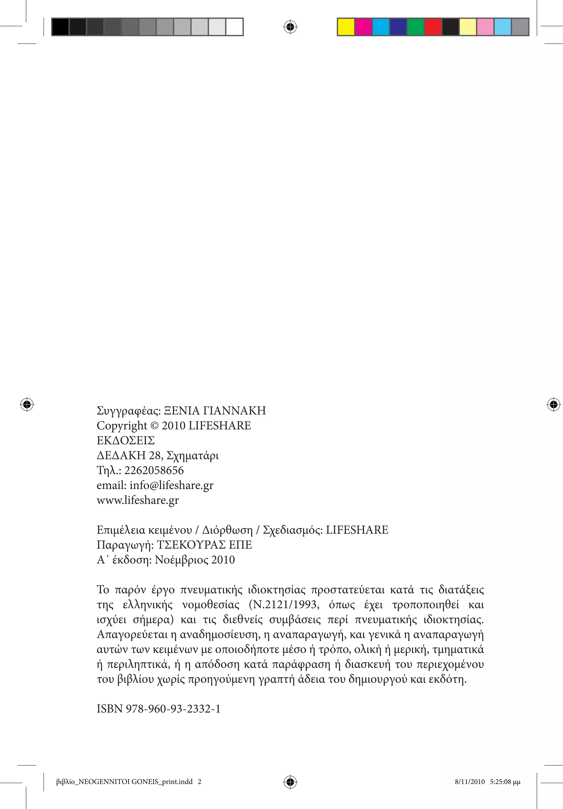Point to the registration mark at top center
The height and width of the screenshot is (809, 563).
click(290, 27)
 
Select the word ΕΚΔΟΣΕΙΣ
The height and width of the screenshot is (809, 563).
click(126, 440)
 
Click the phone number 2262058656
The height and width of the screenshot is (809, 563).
click(154, 470)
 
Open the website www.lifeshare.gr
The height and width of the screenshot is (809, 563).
click(137, 500)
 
